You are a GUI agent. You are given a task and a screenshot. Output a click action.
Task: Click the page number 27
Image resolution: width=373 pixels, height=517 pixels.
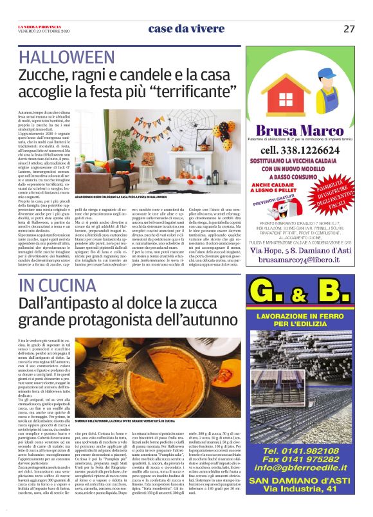coord(349,28)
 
